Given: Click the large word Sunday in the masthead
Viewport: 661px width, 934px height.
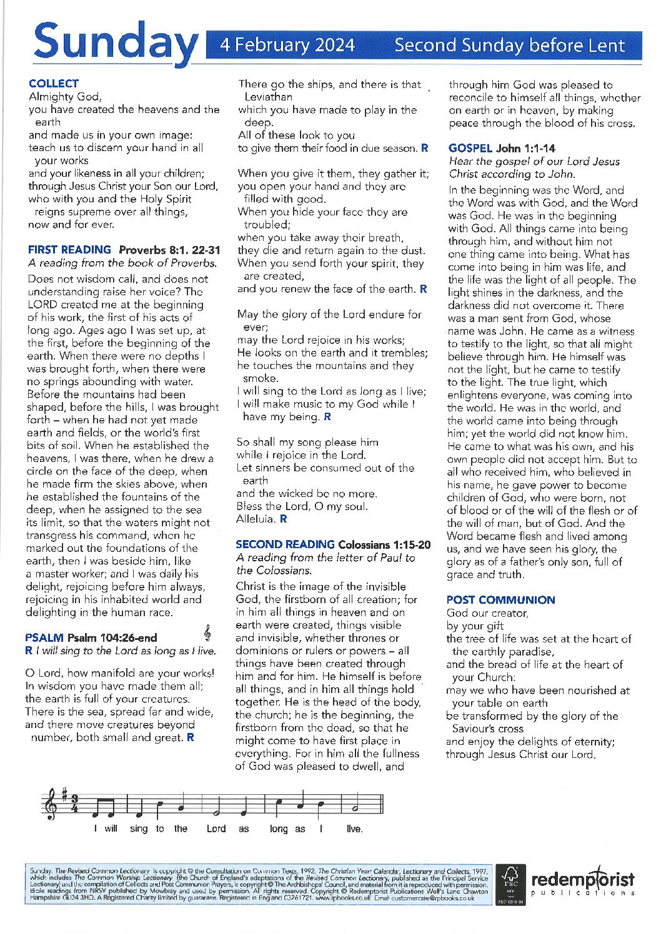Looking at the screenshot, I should point(114,42).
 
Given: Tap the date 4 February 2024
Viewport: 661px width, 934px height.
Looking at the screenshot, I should point(287,46).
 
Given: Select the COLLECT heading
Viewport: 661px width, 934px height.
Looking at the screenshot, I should point(54,84).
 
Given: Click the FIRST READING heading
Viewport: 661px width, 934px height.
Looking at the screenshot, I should point(69,250).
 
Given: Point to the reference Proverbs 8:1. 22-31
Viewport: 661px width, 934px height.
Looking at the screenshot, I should point(169,250).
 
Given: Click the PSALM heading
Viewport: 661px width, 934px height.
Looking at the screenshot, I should point(44,637).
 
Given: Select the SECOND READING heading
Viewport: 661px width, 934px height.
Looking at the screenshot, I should point(285,544).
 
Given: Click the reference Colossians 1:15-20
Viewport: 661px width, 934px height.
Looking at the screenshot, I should point(384,545).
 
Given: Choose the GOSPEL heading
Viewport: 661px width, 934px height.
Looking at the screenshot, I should point(470,148).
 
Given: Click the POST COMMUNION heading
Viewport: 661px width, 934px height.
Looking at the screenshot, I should point(500,600).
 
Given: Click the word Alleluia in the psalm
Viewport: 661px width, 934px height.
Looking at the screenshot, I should point(255,519).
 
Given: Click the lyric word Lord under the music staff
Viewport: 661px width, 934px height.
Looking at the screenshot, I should point(216,829).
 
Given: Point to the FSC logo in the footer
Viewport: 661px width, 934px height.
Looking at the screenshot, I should point(509,883).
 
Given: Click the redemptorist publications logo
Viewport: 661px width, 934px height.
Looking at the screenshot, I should point(582,883).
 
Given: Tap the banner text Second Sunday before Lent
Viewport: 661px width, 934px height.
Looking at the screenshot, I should point(509,46).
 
